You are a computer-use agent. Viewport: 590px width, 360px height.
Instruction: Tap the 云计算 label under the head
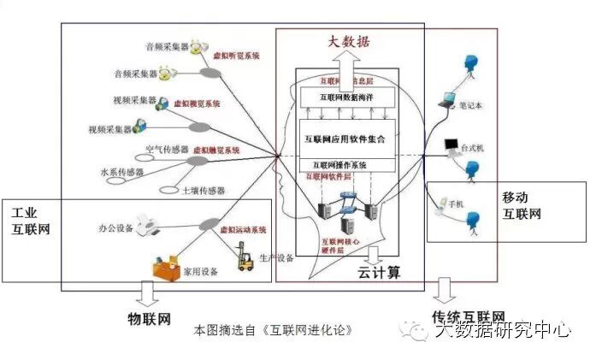[378, 273]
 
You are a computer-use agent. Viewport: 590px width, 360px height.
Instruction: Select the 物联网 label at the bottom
[150, 319]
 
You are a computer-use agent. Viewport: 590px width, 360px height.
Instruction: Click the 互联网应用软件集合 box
[345, 137]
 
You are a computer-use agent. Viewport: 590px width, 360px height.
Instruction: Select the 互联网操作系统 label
[339, 165]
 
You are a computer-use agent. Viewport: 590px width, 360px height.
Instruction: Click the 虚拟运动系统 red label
[244, 230]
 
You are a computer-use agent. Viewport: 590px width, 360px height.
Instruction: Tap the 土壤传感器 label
[204, 190]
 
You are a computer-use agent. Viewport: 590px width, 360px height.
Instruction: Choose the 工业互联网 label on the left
[31, 220]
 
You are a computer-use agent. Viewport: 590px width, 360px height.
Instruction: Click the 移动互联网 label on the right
[522, 205]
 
